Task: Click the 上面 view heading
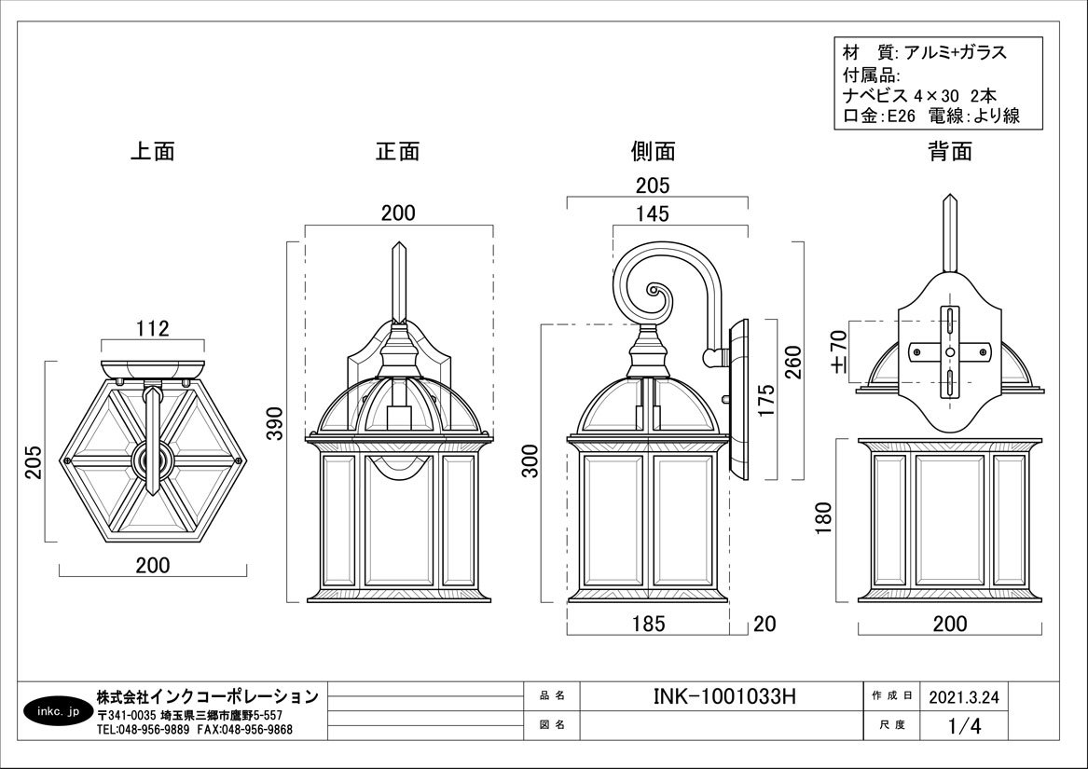click(152, 151)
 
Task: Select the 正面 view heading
click(398, 151)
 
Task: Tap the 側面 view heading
click(653, 151)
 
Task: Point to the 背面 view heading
click(950, 151)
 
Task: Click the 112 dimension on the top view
click(152, 328)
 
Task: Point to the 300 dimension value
click(530, 460)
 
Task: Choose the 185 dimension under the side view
click(648, 624)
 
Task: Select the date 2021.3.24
click(964, 696)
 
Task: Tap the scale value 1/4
click(964, 724)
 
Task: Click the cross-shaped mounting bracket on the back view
click(948, 351)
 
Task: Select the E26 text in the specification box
click(900, 117)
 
